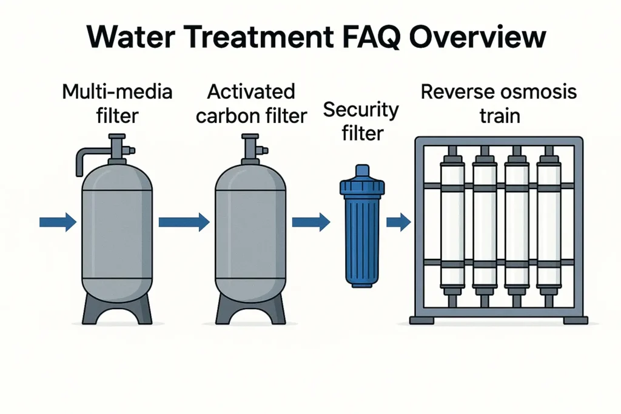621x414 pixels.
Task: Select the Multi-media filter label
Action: coord(117,103)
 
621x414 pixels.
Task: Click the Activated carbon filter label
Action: coord(251,104)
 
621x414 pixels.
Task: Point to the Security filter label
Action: coord(361,121)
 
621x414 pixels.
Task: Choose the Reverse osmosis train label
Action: coord(499,104)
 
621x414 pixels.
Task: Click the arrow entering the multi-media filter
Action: coord(58,222)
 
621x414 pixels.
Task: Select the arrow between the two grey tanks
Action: coord(183,222)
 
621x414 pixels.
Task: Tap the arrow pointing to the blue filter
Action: coord(310,222)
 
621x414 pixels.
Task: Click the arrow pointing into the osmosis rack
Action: coord(398,222)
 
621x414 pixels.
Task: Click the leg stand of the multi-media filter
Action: coord(117,309)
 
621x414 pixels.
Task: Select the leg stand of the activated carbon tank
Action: coord(250,309)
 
